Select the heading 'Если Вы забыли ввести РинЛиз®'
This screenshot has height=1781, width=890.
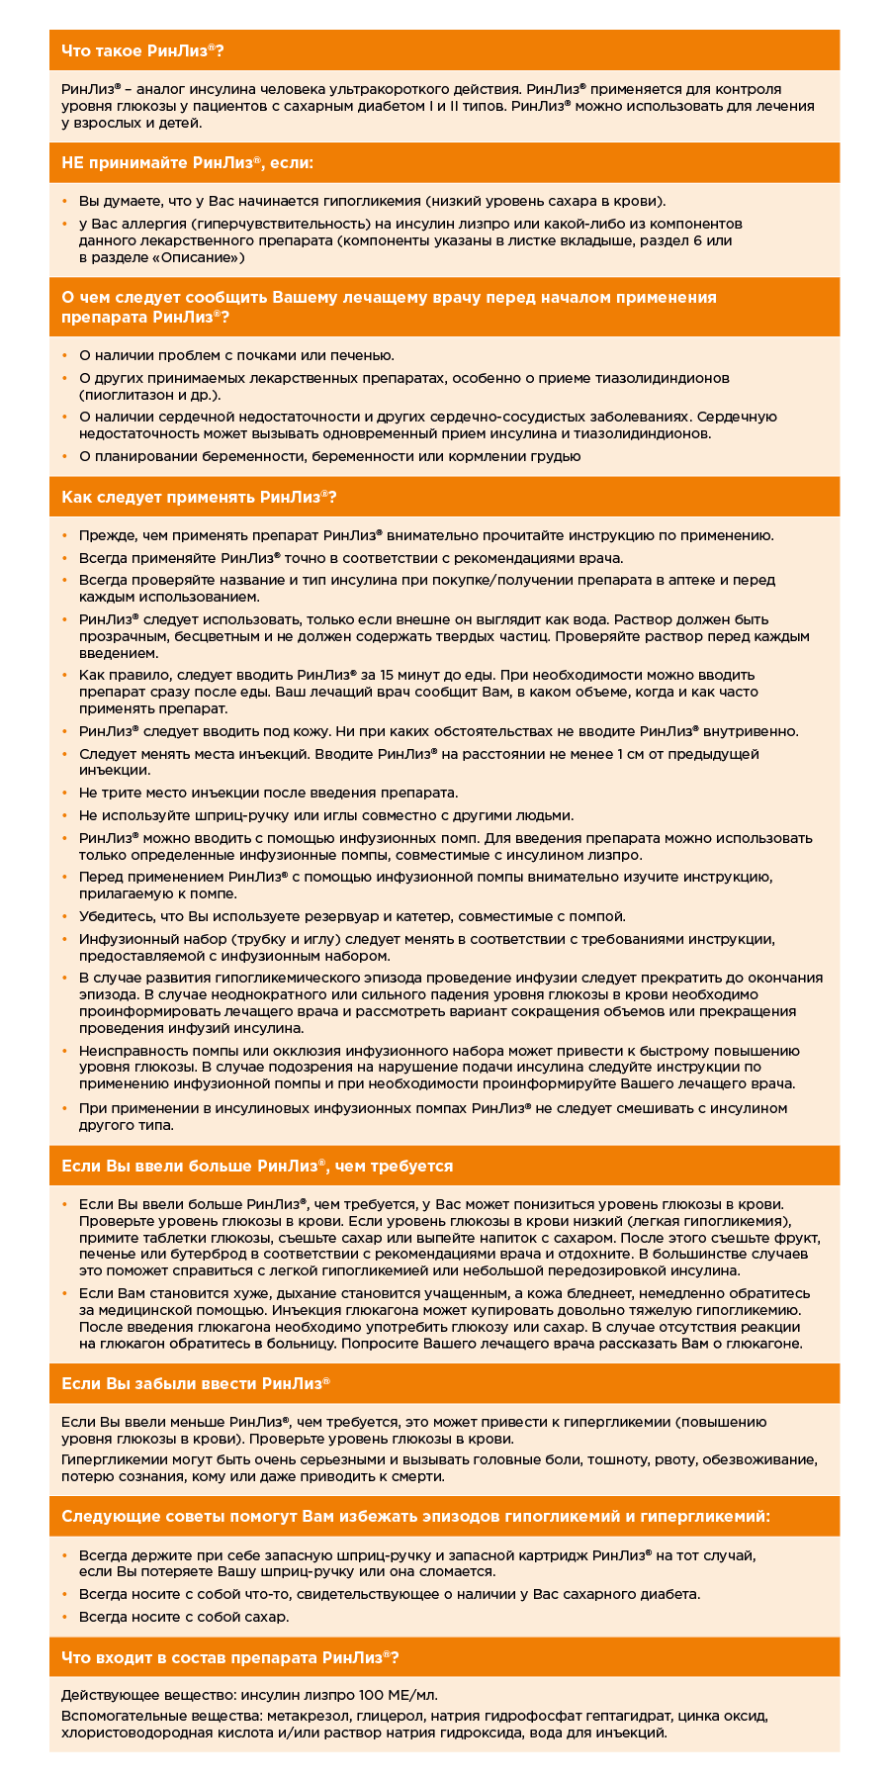pos(196,1383)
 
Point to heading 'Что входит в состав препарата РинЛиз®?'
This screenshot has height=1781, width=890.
pos(230,1657)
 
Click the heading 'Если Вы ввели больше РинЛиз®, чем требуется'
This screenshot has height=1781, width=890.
pos(257,1166)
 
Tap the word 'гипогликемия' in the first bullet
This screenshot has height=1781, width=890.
pos(471,199)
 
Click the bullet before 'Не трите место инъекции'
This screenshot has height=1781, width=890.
pos(65,794)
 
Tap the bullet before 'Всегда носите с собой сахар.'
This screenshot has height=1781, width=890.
pos(65,1617)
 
